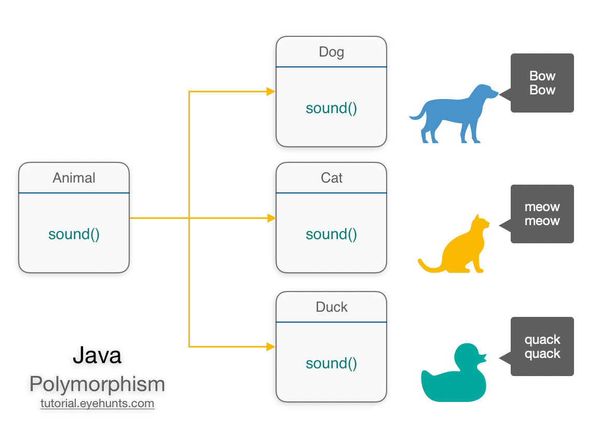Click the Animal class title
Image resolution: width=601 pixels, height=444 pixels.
click(74, 178)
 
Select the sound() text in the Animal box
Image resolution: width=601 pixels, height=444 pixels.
click(74, 234)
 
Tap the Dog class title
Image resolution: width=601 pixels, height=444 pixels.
click(331, 52)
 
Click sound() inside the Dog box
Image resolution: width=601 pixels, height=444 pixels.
click(331, 108)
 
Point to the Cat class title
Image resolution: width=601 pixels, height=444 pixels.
click(331, 178)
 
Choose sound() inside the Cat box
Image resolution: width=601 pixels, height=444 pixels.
click(331, 234)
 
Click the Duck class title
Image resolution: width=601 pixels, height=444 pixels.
click(331, 307)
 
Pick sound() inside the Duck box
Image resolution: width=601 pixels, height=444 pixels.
click(331, 363)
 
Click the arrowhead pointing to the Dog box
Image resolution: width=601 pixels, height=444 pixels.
click(270, 92)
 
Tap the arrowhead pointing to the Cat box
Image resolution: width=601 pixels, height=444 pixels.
click(270, 218)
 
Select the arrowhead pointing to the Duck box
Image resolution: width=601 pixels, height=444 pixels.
click(270, 346)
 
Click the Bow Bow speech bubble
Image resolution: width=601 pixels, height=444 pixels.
click(542, 83)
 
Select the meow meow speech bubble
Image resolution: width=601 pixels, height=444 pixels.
click(542, 214)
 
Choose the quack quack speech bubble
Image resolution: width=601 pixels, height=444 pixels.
click(542, 346)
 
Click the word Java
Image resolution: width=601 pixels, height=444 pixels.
click(97, 355)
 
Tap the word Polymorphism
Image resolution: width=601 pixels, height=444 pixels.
click(97, 384)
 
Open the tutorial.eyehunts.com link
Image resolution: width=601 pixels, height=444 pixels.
click(97, 404)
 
